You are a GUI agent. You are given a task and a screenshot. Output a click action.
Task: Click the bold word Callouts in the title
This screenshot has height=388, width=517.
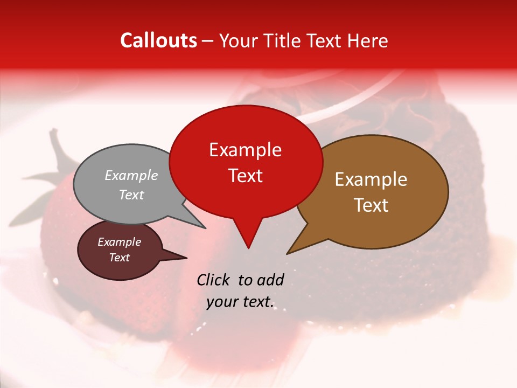(x=158, y=40)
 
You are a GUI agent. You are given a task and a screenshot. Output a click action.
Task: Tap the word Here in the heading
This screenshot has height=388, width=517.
(x=366, y=40)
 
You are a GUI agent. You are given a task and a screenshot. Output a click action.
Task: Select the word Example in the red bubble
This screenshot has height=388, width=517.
(x=245, y=150)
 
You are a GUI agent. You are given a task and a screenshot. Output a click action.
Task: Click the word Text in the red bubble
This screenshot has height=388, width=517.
(x=245, y=175)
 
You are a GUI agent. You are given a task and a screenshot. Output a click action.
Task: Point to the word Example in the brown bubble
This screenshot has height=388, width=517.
(x=371, y=179)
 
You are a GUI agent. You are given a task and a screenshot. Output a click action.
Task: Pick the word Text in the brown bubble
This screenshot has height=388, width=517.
(x=371, y=205)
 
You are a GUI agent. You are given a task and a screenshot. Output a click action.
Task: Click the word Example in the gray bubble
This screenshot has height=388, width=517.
(x=131, y=175)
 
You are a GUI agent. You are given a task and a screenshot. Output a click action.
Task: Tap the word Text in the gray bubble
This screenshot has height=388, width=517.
(x=131, y=195)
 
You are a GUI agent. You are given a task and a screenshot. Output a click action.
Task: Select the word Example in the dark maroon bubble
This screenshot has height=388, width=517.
(x=119, y=242)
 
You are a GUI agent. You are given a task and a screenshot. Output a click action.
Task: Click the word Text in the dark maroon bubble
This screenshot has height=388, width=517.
(x=119, y=258)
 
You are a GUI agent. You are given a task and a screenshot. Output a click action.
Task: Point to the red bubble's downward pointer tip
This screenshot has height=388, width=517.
(x=248, y=248)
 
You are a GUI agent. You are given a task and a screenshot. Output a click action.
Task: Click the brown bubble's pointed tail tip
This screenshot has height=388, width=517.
(x=287, y=253)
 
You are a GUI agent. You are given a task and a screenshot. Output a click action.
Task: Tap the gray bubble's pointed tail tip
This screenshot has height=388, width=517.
(x=205, y=228)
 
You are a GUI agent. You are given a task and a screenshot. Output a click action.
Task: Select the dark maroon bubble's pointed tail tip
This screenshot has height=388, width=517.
(x=186, y=258)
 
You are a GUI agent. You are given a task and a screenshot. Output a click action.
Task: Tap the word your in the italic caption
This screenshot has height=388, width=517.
(x=222, y=302)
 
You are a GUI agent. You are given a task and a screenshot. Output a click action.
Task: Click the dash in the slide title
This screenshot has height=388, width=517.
(x=208, y=41)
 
